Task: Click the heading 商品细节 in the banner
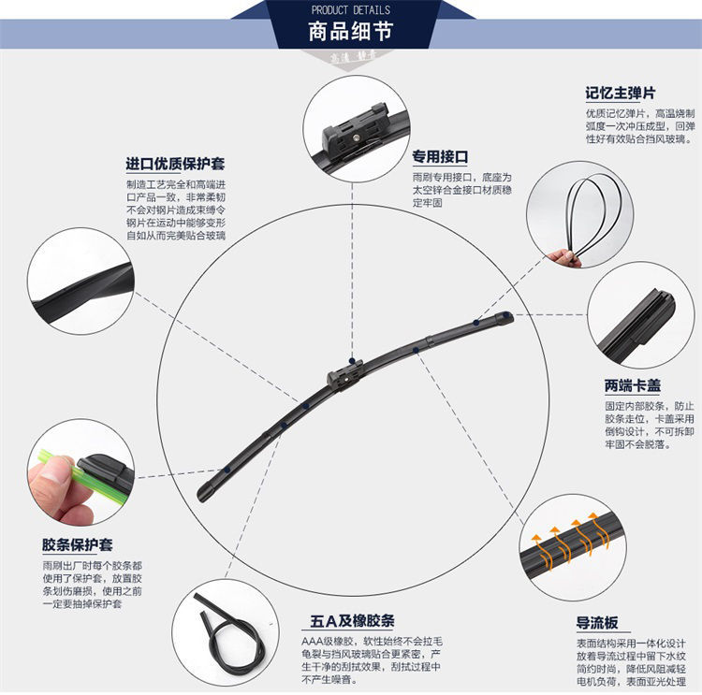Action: point(351,32)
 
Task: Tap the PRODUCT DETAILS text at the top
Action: point(351,10)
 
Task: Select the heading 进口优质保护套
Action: point(175,164)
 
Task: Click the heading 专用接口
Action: point(440,157)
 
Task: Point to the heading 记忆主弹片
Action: point(620,94)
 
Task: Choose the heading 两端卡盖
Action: point(633,385)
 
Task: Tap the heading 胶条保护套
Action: point(78,544)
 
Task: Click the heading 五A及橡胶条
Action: point(352,621)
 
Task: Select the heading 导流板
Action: point(597,622)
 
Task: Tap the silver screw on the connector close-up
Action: point(356,137)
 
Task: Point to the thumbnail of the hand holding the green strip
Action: point(80,472)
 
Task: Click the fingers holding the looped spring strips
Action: point(565,258)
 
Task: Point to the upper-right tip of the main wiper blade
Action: point(509,315)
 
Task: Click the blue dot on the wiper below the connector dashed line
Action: point(352,361)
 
